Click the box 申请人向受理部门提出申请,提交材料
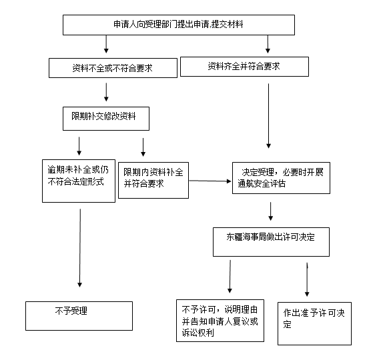click(x=179, y=25)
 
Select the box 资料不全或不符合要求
click(x=113, y=68)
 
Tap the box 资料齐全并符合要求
click(x=244, y=67)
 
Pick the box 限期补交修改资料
click(x=106, y=119)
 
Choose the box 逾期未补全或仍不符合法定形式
click(x=79, y=181)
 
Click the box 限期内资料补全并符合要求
click(x=153, y=180)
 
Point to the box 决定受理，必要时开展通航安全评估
click(x=281, y=178)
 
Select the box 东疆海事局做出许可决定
click(x=271, y=242)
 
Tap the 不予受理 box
click(x=79, y=316)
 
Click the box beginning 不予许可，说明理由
click(x=220, y=321)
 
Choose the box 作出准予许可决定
click(x=314, y=323)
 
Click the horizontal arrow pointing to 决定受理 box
click(x=210, y=181)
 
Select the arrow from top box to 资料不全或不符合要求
click(x=106, y=44)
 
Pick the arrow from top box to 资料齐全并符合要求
click(x=268, y=44)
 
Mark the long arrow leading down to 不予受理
click(x=80, y=248)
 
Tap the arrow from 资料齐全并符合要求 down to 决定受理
click(x=268, y=116)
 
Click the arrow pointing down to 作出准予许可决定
click(x=307, y=279)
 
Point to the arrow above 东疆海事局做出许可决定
click(x=271, y=211)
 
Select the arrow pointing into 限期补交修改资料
click(x=106, y=92)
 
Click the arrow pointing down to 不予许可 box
click(x=230, y=277)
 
